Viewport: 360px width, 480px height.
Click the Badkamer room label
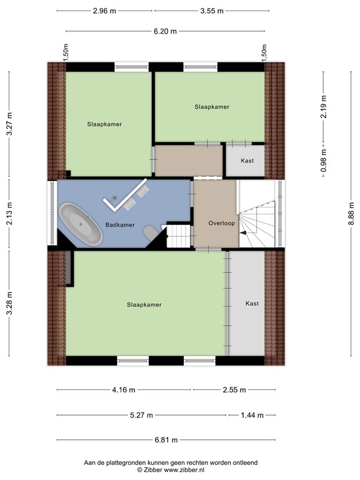point(120,225)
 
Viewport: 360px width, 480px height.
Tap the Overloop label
point(222,223)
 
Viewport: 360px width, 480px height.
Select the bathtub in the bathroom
point(81,224)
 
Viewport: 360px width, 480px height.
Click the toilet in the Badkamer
point(150,233)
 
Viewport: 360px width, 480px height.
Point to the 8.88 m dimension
point(351,214)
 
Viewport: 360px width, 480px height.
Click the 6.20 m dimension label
point(165,31)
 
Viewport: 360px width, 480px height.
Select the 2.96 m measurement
point(104,11)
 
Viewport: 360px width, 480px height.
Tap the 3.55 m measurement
point(212,11)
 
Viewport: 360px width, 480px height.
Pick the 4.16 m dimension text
point(123,390)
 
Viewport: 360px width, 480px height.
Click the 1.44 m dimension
point(252,416)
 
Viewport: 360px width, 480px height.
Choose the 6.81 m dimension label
point(166,440)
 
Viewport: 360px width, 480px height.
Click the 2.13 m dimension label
point(9,214)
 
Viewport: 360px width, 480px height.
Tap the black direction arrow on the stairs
point(243,233)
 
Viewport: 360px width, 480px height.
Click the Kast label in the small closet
point(247,161)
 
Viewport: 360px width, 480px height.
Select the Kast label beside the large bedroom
point(252,303)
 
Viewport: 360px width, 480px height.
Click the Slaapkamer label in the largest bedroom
point(144,305)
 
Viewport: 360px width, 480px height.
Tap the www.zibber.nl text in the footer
point(184,469)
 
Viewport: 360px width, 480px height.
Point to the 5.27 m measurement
point(141,416)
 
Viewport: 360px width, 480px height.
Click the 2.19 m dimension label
point(324,106)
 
